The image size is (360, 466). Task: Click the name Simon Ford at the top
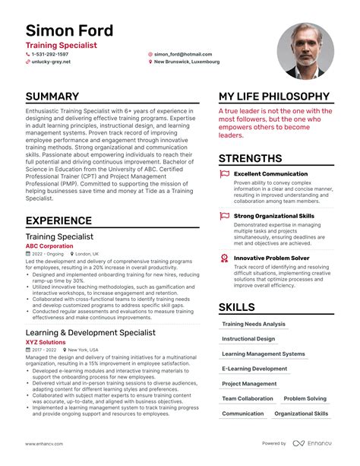[x=69, y=31]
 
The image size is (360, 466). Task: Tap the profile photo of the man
[x=305, y=51]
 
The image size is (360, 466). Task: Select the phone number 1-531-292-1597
[x=49, y=55]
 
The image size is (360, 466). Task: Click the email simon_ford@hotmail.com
[x=183, y=55]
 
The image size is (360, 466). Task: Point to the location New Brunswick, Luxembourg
[x=187, y=62]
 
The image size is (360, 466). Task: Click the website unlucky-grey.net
[x=51, y=62]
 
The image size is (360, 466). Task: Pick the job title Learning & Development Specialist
[x=90, y=332]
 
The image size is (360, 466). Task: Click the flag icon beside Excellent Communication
[x=224, y=174]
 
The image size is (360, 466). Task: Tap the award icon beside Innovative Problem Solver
[x=224, y=258]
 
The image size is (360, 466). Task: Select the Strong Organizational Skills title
[x=273, y=216]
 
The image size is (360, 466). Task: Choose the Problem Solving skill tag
[x=305, y=398]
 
